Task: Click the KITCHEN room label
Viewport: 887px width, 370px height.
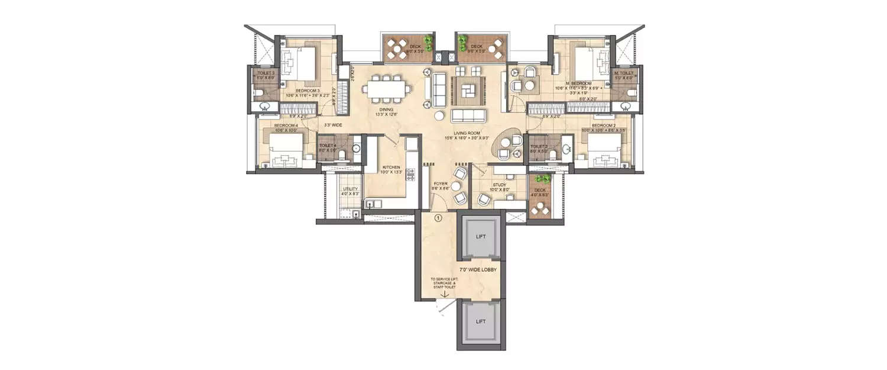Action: pyautogui.click(x=391, y=168)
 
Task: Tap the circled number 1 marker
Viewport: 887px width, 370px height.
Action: pyautogui.click(x=438, y=218)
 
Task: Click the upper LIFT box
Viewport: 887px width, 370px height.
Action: pyautogui.click(x=481, y=237)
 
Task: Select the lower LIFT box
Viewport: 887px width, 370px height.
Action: pyautogui.click(x=481, y=321)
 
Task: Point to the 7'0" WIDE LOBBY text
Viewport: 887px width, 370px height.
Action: pyautogui.click(x=477, y=270)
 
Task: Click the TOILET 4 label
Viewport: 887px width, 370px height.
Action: pyautogui.click(x=328, y=146)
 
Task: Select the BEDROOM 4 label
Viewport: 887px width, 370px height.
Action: pyautogui.click(x=286, y=126)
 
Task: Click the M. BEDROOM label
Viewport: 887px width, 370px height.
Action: pyautogui.click(x=575, y=83)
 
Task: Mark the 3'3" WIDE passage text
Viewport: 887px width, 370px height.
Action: pyautogui.click(x=334, y=125)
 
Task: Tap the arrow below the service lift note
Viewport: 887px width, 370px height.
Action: pyautogui.click(x=444, y=291)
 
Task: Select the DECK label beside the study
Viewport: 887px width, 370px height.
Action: pyautogui.click(x=540, y=189)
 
